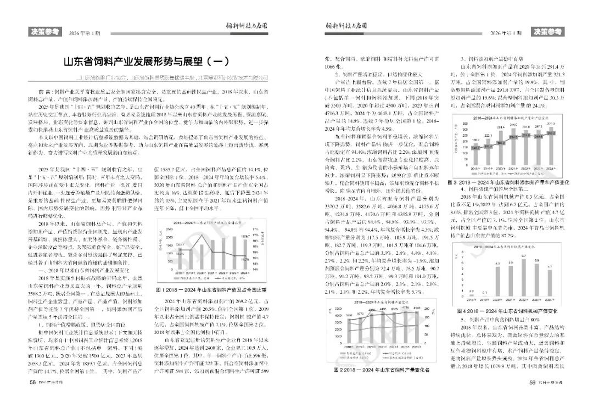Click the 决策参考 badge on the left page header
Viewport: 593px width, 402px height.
43,32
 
